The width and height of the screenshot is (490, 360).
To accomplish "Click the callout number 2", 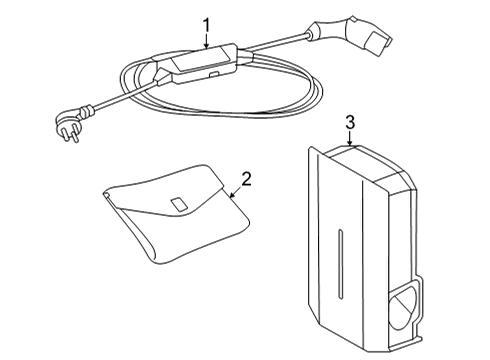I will pyautogui.click(x=246, y=180).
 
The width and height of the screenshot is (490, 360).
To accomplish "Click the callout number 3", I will pyautogui.click(x=349, y=123).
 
